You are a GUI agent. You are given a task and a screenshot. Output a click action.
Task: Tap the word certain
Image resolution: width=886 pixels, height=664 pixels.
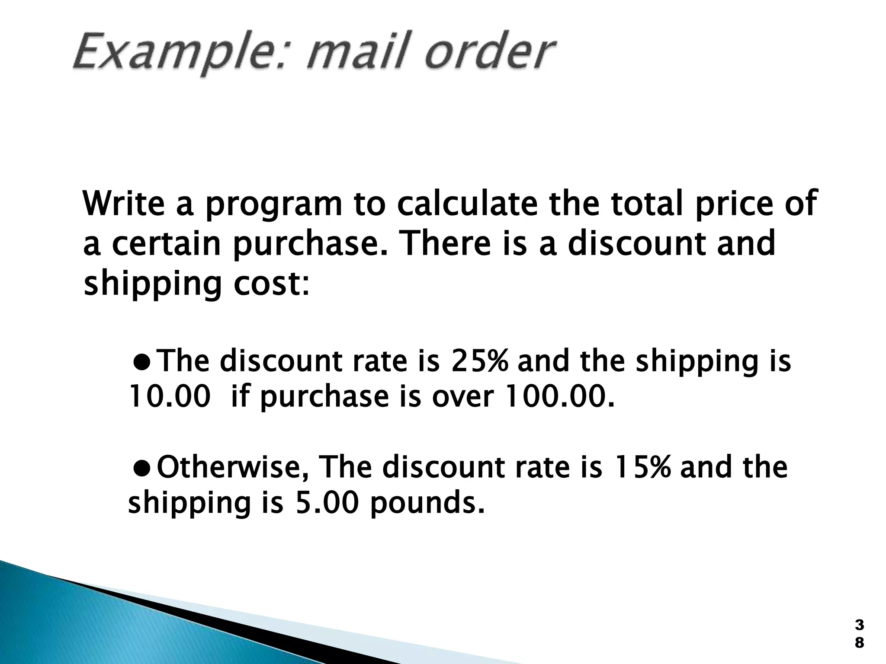point(167,243)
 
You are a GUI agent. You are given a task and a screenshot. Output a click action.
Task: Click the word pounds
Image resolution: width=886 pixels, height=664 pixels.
point(426,503)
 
